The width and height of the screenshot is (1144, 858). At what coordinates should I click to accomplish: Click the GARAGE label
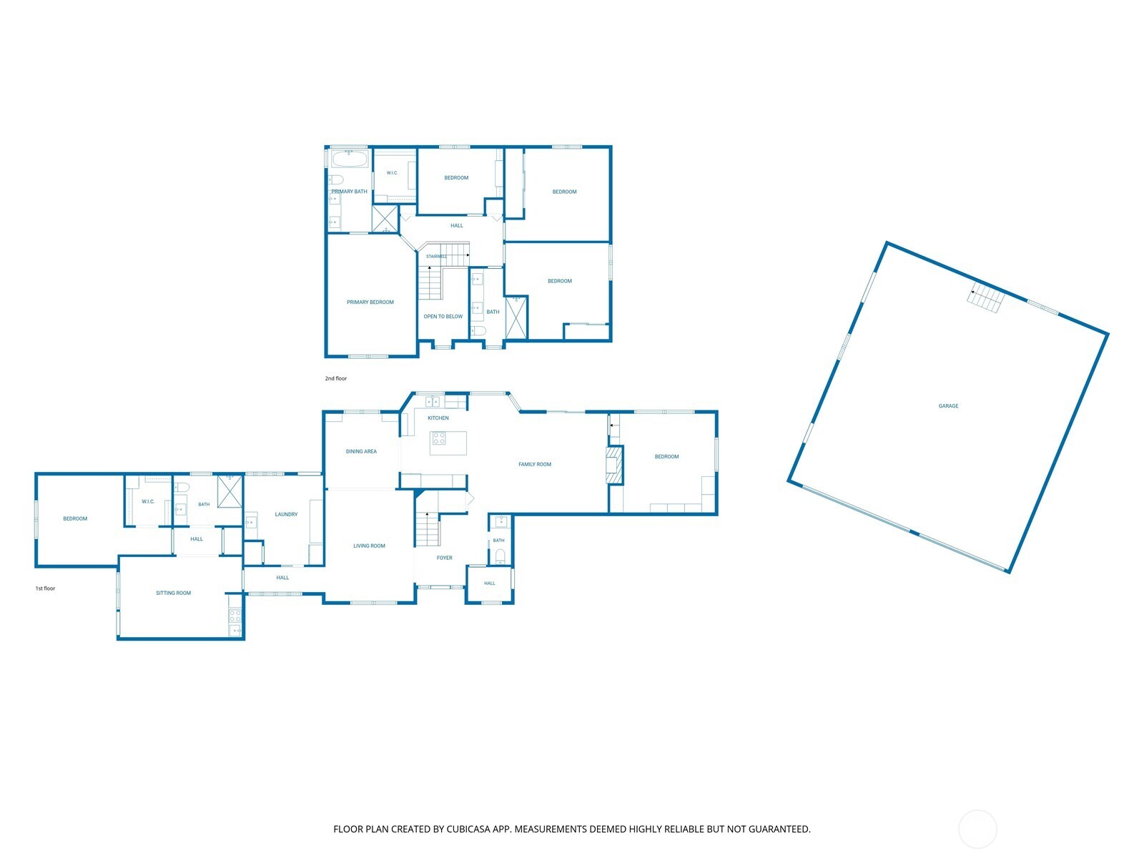click(948, 406)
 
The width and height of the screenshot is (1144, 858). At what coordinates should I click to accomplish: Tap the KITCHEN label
click(438, 418)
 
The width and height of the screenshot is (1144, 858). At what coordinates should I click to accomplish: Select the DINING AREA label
click(361, 451)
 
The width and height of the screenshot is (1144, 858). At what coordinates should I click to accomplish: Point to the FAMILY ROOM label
click(534, 464)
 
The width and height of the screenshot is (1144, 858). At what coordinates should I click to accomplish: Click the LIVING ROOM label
click(369, 546)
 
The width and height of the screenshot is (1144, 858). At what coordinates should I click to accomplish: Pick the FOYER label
click(444, 558)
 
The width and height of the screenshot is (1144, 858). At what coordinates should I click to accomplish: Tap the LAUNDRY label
click(286, 514)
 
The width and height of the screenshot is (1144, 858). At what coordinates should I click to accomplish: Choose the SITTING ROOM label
click(173, 593)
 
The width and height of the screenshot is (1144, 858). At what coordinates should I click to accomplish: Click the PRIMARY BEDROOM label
click(370, 302)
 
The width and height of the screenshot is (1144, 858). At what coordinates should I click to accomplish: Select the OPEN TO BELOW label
click(443, 316)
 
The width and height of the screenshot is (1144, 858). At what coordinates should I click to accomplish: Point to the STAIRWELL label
click(436, 256)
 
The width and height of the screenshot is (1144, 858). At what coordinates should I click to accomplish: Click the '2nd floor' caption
click(335, 378)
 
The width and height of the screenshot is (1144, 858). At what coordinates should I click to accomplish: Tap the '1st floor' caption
click(45, 588)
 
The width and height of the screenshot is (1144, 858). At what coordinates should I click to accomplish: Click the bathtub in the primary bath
click(350, 159)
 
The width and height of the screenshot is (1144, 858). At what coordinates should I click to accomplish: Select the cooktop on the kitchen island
click(439, 438)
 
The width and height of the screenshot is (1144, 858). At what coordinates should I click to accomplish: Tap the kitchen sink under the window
click(433, 401)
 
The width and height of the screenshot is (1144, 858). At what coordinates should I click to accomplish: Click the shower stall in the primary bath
click(385, 219)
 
